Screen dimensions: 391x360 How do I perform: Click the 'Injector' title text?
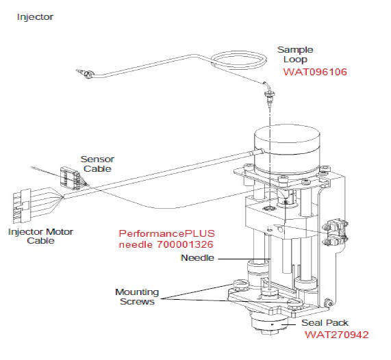point(35,17)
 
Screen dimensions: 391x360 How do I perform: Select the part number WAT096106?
point(315,72)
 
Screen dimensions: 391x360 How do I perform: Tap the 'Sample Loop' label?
point(295,55)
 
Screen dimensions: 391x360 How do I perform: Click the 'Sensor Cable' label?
point(97,164)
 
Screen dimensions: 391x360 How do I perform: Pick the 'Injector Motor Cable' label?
point(40,236)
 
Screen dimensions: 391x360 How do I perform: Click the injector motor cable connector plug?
point(22,206)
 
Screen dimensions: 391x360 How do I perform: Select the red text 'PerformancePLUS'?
point(167,233)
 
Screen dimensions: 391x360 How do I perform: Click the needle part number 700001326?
point(185,244)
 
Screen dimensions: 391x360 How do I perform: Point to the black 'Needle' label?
point(197,258)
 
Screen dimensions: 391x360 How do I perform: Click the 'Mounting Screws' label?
point(137,296)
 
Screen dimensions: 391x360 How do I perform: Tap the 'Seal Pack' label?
point(325,323)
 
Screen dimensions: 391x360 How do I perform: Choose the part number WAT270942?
point(337,335)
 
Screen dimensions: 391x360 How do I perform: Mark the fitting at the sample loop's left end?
point(86,73)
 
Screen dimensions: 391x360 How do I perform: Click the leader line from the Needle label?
point(244,259)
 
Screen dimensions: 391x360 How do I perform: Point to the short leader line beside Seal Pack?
point(288,324)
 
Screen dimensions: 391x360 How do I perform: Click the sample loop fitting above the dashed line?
point(269,96)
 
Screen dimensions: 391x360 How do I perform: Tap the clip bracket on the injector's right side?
point(336,232)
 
